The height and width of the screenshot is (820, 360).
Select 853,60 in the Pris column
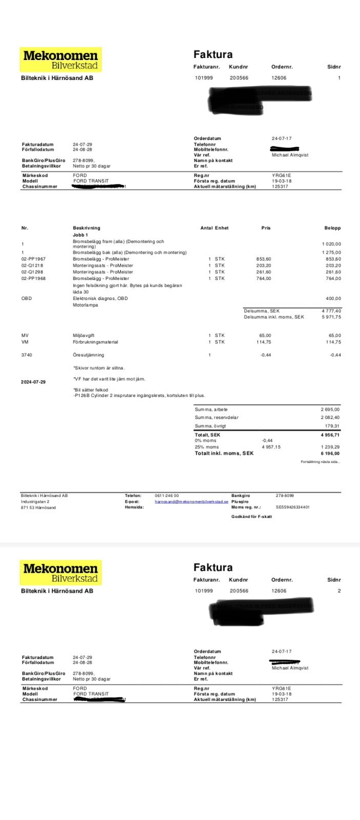coord(264,259)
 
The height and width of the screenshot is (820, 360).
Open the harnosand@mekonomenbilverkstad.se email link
coord(191,502)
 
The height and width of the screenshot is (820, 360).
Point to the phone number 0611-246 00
coord(167,496)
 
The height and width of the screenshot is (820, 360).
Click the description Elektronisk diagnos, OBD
coord(101,298)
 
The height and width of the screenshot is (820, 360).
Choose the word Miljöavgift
coord(84,335)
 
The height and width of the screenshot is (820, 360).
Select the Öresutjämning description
coord(88,355)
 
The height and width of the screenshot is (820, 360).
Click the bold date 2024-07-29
coord(34,382)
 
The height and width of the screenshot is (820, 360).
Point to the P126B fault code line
coord(139,396)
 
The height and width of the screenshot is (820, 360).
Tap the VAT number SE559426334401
coord(293,507)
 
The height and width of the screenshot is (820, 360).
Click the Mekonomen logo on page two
coord(61,573)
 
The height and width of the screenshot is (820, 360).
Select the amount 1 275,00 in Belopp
coord(331,252)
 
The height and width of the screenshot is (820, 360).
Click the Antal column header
coord(206,228)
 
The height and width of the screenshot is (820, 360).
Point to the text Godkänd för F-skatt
coord(252,517)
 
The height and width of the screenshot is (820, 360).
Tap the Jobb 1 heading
coord(81,234)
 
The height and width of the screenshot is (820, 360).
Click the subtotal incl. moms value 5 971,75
coord(331,317)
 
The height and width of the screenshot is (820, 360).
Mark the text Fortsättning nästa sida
coord(320,462)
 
